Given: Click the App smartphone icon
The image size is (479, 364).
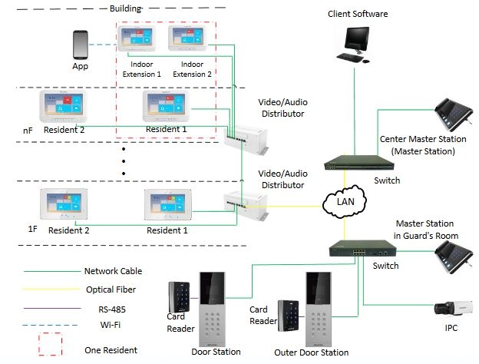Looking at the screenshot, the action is click(81, 45).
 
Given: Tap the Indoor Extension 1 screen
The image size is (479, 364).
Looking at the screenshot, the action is click(137, 38).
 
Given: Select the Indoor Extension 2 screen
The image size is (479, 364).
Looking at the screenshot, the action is click(187, 38).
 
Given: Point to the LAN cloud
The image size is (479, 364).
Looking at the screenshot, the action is click(345, 202).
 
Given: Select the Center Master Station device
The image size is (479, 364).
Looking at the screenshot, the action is click(454, 114).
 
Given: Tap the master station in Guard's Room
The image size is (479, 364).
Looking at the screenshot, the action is click(454, 257).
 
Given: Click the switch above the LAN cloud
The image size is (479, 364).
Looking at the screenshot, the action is click(359, 163).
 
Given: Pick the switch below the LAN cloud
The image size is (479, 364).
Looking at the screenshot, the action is click(362, 249).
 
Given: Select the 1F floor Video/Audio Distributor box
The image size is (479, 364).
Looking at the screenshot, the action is click(246, 205).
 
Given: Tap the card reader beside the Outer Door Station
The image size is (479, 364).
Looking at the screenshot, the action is click(288, 316).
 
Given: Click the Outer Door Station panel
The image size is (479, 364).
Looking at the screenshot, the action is click(319, 309).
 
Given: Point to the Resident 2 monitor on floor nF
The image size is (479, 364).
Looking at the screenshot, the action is click(63, 106).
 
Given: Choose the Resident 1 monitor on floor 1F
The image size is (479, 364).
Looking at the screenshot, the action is click(168, 204).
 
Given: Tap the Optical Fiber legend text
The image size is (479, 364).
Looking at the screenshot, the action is click(111, 290).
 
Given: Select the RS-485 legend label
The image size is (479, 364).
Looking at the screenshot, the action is click(112, 309).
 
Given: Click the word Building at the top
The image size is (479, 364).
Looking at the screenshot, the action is click(126, 8).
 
